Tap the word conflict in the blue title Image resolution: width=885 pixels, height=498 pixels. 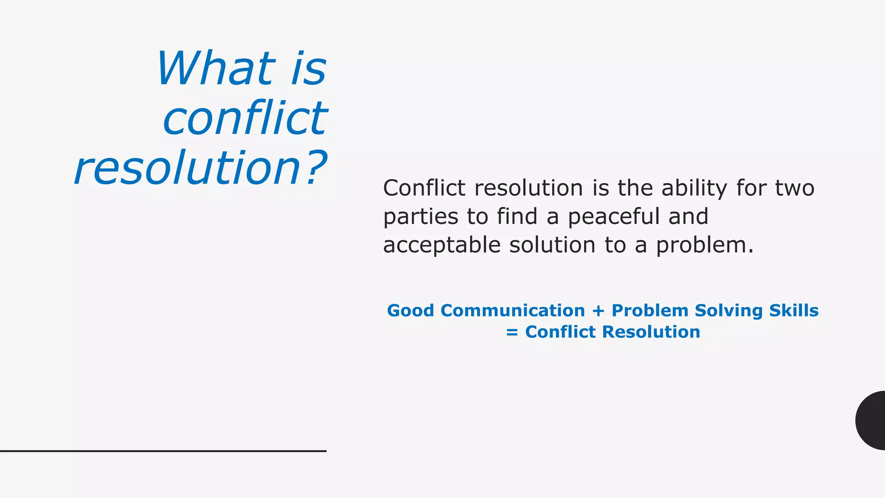click(x=245, y=118)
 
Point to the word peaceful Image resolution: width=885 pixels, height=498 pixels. click(x=614, y=217)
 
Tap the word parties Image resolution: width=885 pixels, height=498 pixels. click(x=420, y=217)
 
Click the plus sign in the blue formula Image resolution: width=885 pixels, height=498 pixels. click(x=598, y=311)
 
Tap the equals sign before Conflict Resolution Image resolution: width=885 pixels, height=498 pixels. click(x=512, y=332)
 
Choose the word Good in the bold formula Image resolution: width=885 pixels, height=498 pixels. click(x=410, y=311)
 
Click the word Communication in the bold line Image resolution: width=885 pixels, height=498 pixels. click(x=513, y=311)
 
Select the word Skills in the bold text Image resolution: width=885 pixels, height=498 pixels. click(x=794, y=311)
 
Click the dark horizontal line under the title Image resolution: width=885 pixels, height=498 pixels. click(x=163, y=451)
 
